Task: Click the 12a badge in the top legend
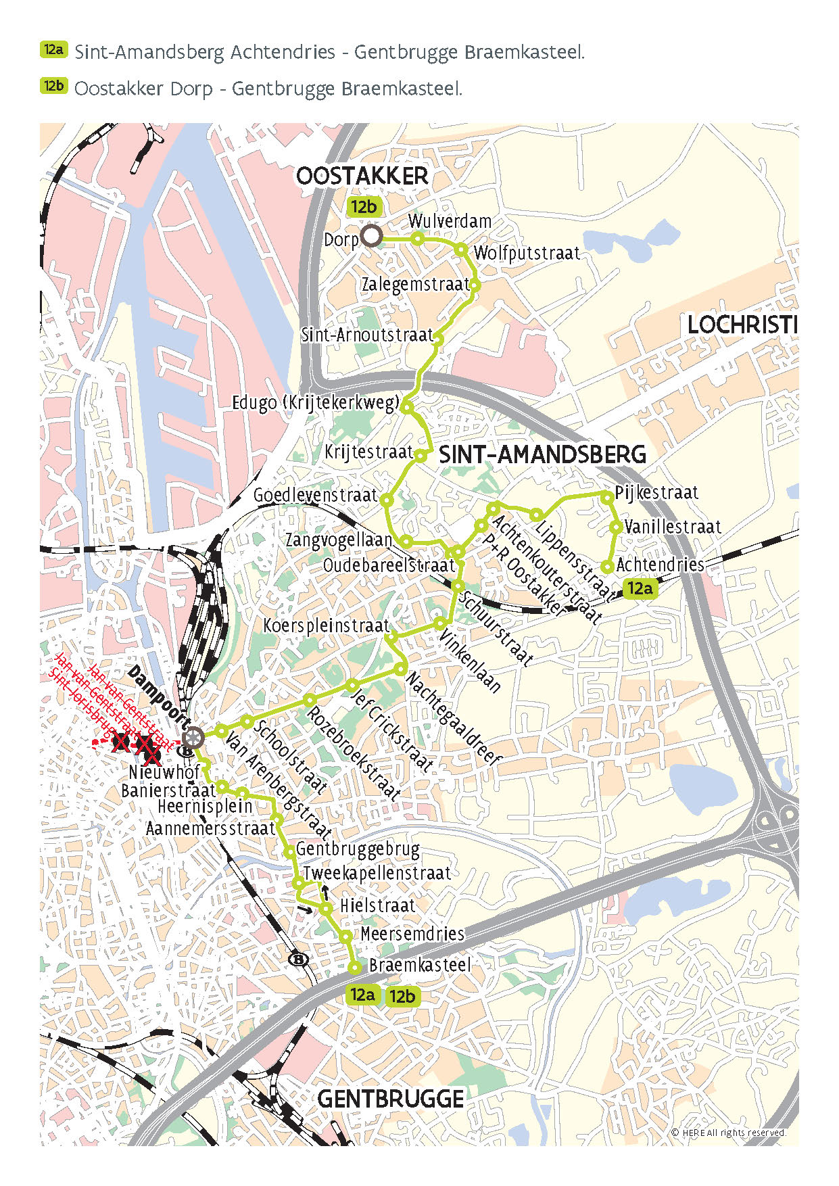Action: tap(53, 50)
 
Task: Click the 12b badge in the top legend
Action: tap(53, 86)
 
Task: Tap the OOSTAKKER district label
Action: tap(362, 176)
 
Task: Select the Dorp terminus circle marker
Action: tap(371, 237)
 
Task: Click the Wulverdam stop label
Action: tap(450, 221)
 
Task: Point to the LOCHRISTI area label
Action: tap(742, 325)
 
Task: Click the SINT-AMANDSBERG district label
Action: tap(542, 454)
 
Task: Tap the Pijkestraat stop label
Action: tap(656, 492)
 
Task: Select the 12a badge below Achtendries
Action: tap(639, 588)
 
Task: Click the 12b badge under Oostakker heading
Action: tap(364, 207)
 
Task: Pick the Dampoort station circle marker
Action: tap(193, 737)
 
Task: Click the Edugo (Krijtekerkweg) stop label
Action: tap(316, 402)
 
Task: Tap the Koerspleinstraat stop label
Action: tap(326, 625)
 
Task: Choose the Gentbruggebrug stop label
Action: tap(358, 849)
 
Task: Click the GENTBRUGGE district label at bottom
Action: tap(390, 1099)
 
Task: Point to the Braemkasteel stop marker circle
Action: tap(354, 968)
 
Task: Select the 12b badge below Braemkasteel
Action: tap(402, 996)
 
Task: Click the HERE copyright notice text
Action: tap(728, 1133)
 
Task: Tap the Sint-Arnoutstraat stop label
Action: tap(366, 335)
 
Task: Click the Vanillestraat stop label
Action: tap(672, 527)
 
